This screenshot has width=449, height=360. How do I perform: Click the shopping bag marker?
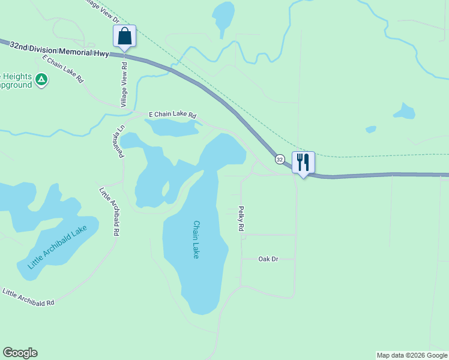[124, 36]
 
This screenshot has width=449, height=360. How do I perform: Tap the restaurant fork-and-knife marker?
[303, 162]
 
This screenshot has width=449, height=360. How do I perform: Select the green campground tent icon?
[41, 79]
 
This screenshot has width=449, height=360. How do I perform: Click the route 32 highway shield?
[280, 160]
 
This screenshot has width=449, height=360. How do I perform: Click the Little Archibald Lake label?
[58, 247]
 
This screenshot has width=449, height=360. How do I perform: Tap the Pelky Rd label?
[241, 219]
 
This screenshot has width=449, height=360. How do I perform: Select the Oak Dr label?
[268, 259]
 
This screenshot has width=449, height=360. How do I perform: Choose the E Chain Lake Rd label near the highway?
[62, 69]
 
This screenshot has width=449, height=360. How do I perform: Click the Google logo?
[20, 353]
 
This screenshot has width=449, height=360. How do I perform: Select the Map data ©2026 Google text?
[412, 355]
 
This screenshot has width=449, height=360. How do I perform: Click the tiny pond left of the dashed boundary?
[370, 129]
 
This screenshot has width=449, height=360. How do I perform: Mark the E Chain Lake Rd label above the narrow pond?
[172, 115]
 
